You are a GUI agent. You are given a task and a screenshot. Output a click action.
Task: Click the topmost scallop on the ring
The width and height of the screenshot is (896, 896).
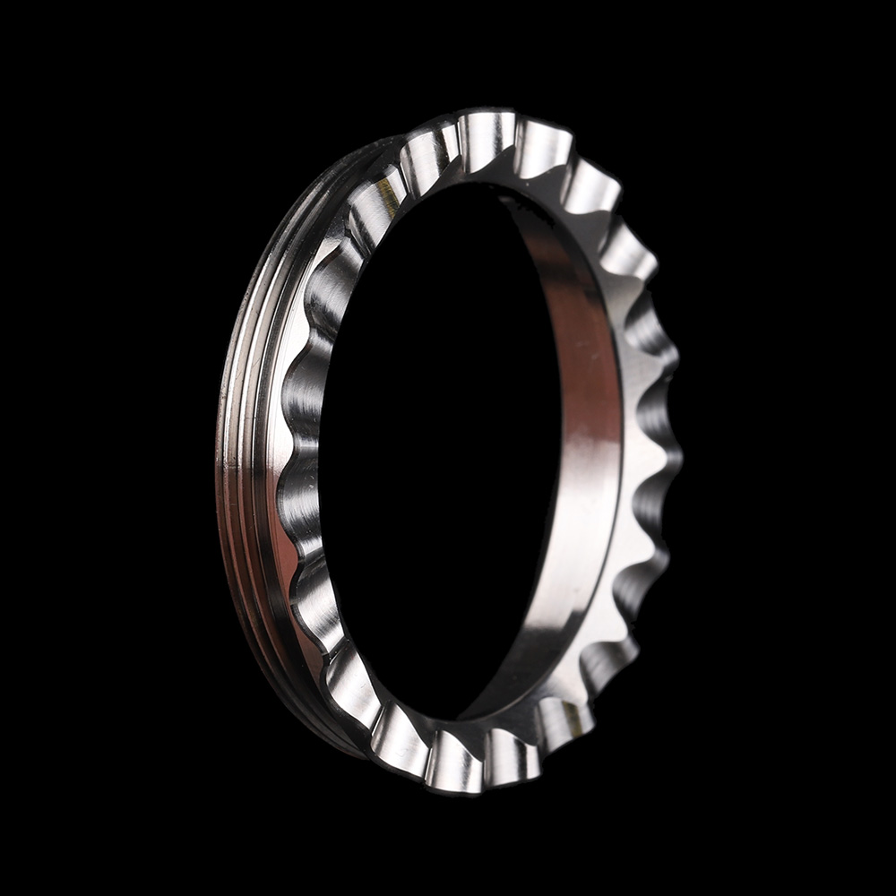(488, 134)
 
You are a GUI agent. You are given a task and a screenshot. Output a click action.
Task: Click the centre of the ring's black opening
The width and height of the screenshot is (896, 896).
(439, 448)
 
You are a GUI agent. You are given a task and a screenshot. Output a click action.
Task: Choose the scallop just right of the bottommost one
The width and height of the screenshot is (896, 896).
(511, 757)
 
